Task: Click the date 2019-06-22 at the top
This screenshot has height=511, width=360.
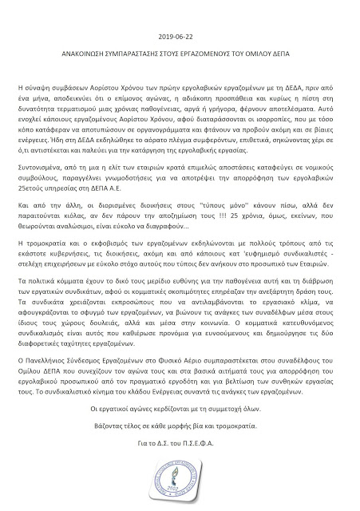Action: pos(180,37)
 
